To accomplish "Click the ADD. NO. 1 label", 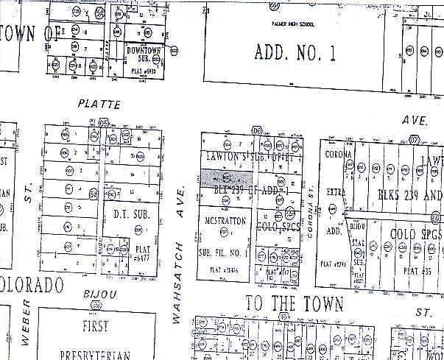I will pyautogui.click(x=295, y=52).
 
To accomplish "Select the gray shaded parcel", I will pyautogui.click(x=228, y=177).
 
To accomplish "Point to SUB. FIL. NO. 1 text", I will pyautogui.click(x=227, y=253).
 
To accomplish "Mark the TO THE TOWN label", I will pyautogui.click(x=293, y=303).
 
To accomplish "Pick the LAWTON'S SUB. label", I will pyautogui.click(x=253, y=156).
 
